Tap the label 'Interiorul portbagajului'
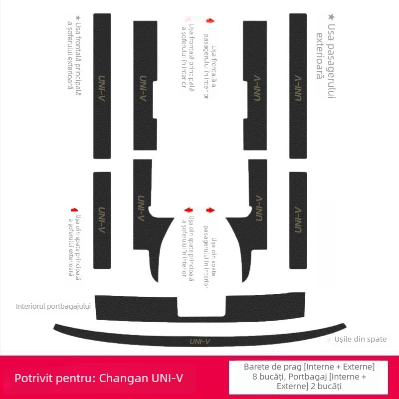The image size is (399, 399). pos(53,306)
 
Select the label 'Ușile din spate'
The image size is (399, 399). pos(361,339)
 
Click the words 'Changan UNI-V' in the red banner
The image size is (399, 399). pos(142,377)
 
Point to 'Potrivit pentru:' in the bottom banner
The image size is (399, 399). pos(55,377)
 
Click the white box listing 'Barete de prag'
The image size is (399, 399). pos(309,377)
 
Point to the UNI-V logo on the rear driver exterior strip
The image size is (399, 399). pos(102,219)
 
